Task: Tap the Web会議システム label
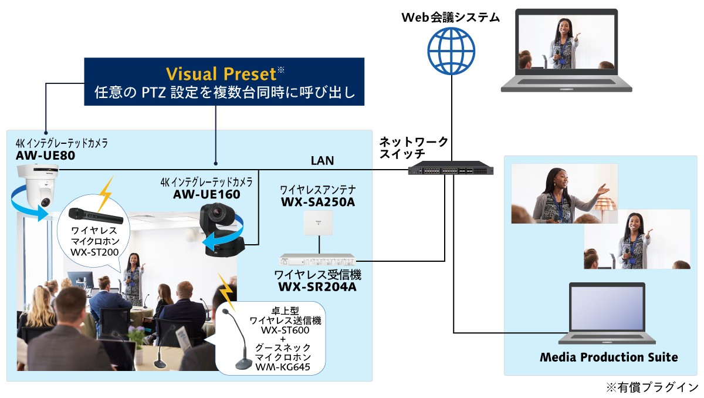click(451, 18)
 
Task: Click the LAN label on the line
click(323, 160)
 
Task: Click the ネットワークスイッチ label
click(414, 147)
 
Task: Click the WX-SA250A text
click(317, 202)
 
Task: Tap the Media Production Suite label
click(608, 357)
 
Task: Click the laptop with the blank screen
click(607, 314)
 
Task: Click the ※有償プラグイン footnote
click(652, 387)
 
